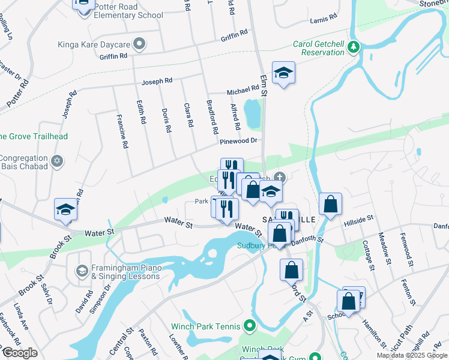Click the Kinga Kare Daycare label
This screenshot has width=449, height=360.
tap(94, 44)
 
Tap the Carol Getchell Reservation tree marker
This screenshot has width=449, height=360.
tap(354, 47)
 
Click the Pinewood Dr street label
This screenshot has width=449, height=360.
tap(238, 141)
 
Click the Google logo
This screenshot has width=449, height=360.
tap(19, 353)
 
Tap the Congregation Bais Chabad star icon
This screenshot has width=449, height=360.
tap(58, 161)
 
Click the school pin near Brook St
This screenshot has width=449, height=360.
tap(65, 209)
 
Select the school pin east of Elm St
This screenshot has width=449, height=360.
tap(283, 73)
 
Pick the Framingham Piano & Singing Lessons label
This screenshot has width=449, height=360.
tap(125, 272)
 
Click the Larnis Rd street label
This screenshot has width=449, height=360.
tap(325, 20)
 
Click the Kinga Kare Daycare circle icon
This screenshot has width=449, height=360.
tap(140, 44)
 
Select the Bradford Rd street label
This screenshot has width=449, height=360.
tap(212, 117)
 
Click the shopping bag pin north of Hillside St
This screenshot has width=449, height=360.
tap(330, 205)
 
